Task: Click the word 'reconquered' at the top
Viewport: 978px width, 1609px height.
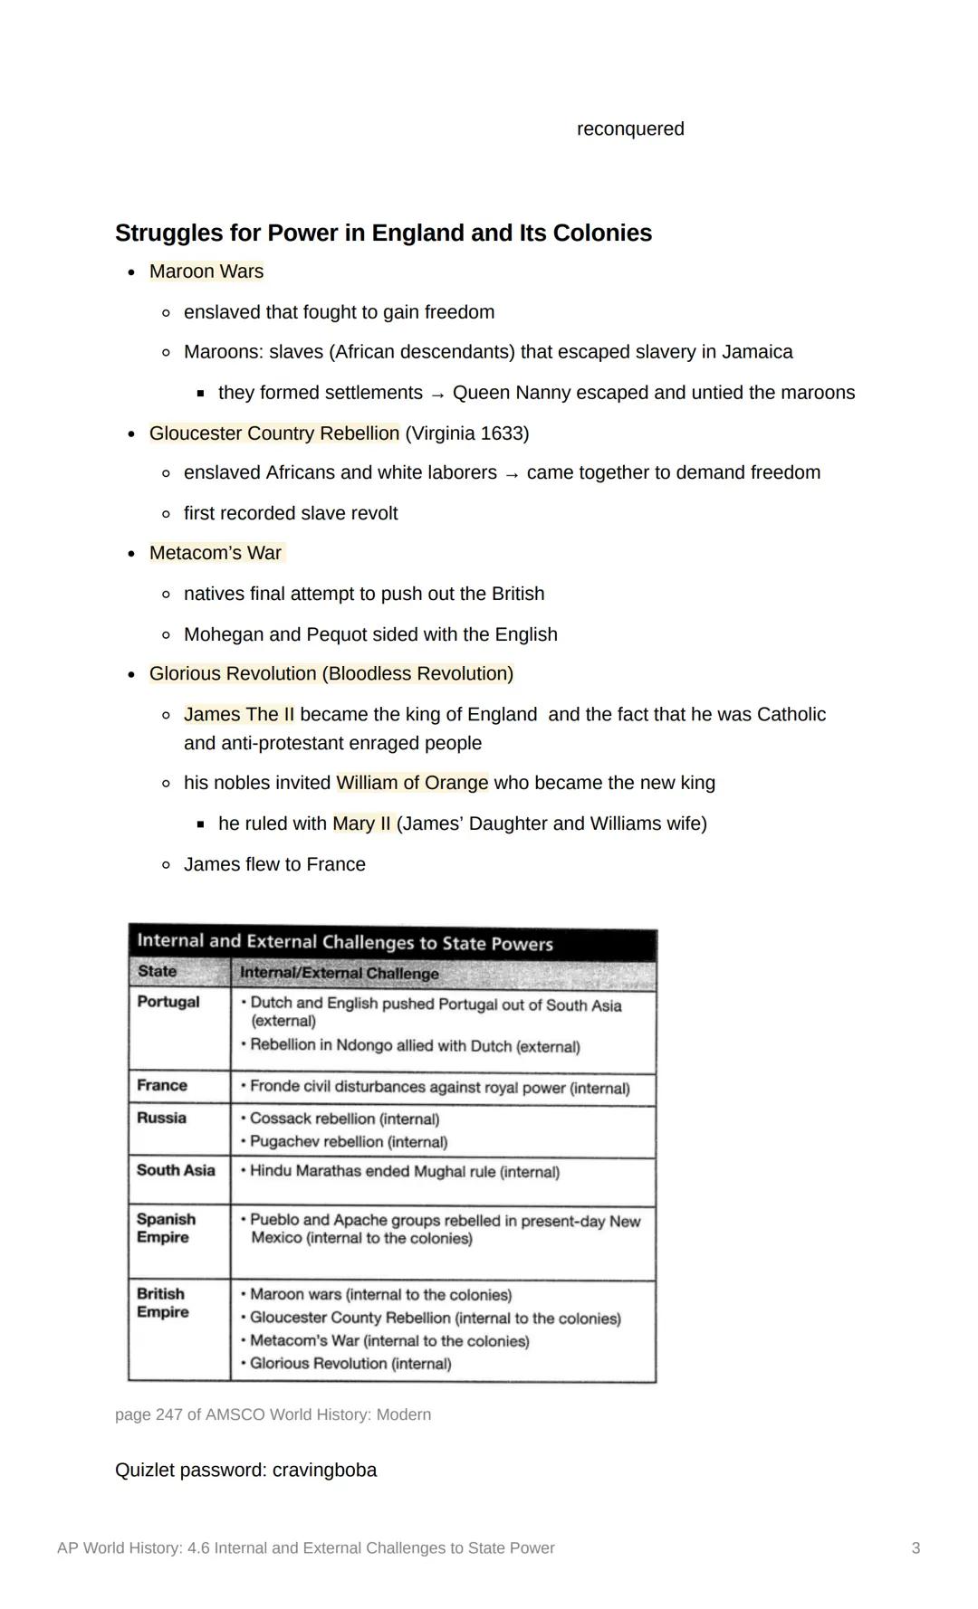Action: tap(630, 129)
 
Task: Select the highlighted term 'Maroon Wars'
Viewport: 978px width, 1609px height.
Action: tap(206, 271)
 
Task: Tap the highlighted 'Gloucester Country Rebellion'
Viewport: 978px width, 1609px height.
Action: tap(273, 433)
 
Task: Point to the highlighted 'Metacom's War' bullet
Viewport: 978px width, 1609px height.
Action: tap(216, 553)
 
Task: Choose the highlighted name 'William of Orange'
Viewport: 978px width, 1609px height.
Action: tap(412, 783)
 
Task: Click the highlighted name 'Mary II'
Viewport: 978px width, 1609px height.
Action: tap(361, 824)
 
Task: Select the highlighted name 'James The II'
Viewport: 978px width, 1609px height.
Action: tap(239, 715)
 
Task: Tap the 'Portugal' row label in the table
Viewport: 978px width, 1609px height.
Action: tap(168, 1002)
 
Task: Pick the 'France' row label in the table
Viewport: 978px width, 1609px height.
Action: tap(162, 1085)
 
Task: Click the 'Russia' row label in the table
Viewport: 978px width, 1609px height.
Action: tap(161, 1118)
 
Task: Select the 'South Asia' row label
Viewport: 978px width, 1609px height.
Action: tap(176, 1170)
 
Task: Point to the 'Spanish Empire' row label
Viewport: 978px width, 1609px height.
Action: tap(166, 1228)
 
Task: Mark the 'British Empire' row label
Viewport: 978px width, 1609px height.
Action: tap(162, 1303)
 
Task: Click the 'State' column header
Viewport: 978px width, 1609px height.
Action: tap(157, 972)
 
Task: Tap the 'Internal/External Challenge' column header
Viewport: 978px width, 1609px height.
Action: tap(340, 974)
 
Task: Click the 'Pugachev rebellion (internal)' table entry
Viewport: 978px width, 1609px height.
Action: tap(349, 1142)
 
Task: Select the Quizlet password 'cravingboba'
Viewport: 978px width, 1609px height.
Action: tap(324, 1471)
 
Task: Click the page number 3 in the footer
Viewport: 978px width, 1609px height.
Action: tap(916, 1548)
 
